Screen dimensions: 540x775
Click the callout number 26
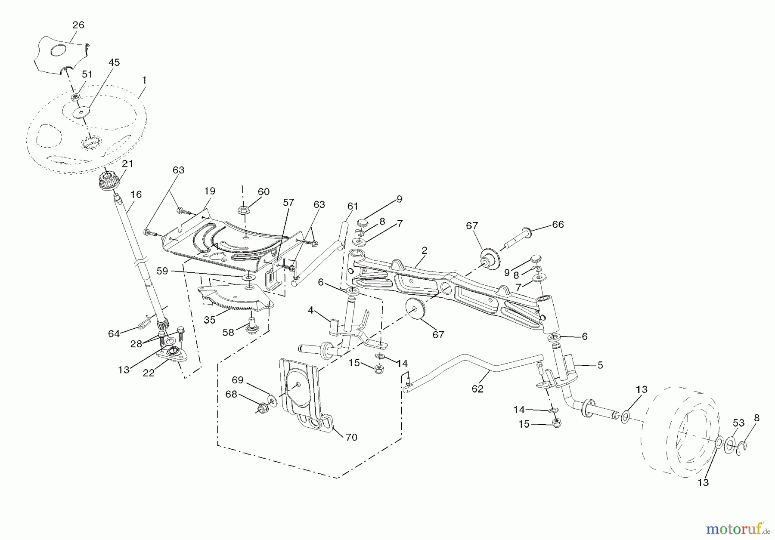tap(78, 25)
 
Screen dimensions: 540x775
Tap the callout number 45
tap(114, 62)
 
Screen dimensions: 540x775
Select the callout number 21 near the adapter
tap(127, 164)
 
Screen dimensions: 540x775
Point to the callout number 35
tap(210, 320)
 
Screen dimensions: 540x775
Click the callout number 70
tap(351, 437)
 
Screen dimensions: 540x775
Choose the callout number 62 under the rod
tap(477, 389)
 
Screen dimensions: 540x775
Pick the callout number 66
tap(558, 224)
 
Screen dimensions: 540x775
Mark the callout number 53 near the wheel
tap(738, 423)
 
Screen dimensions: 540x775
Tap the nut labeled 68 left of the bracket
tap(261, 407)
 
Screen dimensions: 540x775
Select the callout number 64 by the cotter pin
tap(114, 333)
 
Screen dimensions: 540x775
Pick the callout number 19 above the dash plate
tap(210, 191)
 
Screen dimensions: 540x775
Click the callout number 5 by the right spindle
tap(600, 365)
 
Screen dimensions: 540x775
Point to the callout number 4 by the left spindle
tap(310, 310)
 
